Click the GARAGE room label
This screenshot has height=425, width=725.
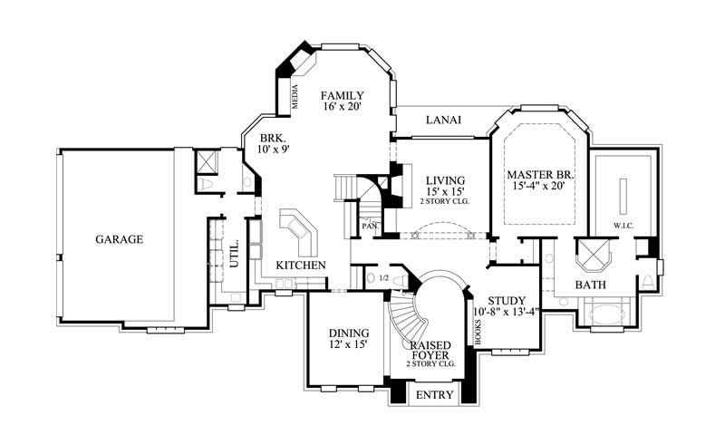pyautogui.click(x=120, y=240)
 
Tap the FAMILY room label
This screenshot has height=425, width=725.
pyautogui.click(x=343, y=95)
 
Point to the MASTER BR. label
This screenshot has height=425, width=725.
pyautogui.click(x=542, y=174)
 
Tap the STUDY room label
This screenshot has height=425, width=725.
pyautogui.click(x=507, y=302)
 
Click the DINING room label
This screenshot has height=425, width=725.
pyautogui.click(x=348, y=333)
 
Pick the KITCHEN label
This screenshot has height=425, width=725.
pyautogui.click(x=301, y=265)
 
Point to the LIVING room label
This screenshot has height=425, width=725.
pyautogui.click(x=445, y=180)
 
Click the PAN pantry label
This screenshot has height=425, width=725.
pyautogui.click(x=370, y=225)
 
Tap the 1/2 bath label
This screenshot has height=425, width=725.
pyautogui.click(x=382, y=278)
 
